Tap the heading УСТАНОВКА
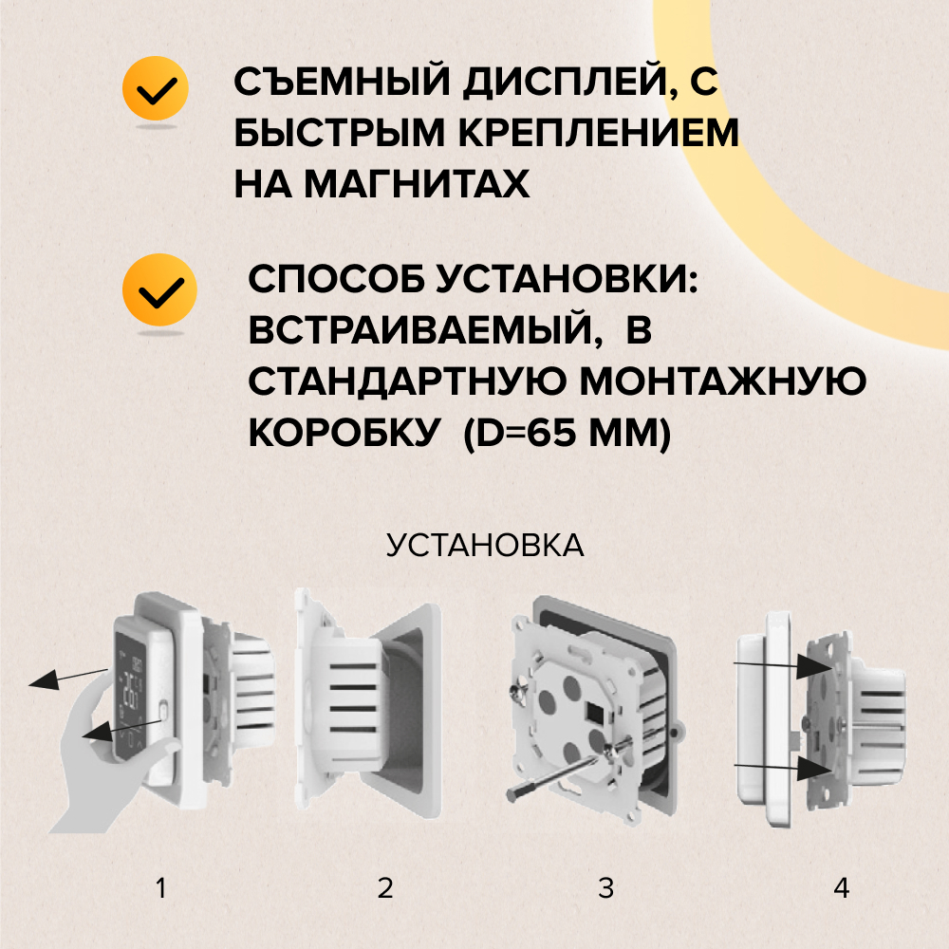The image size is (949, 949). coord(485,546)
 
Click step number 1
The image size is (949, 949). coord(160,888)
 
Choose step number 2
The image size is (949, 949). coord(384,888)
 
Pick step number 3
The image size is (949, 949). coord(605,888)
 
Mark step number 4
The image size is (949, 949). coord(841,888)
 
